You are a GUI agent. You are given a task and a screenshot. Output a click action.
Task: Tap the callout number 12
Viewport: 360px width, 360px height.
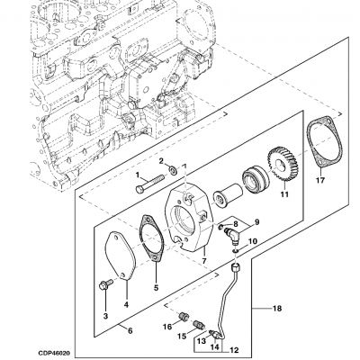pos(237,350)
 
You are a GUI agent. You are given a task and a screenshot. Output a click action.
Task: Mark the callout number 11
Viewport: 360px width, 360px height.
pos(283,193)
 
